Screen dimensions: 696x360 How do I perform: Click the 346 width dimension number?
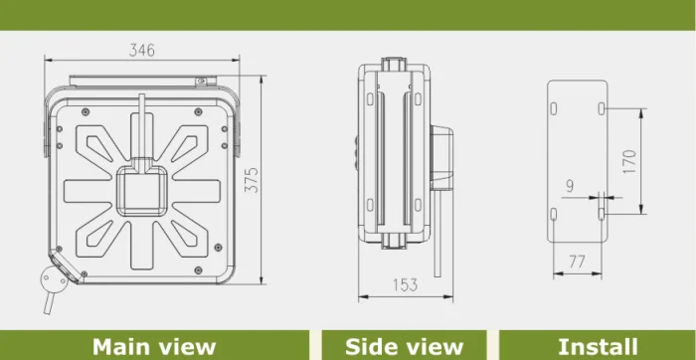142,50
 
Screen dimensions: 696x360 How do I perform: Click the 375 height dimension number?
252,180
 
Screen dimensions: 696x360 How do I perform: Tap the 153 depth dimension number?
406,285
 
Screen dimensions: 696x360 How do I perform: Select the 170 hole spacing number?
629,161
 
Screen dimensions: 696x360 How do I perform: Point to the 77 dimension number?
577,262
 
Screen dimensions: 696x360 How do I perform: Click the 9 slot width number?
570,186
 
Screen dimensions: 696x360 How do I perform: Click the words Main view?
154,347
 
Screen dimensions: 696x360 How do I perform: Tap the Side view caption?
405,347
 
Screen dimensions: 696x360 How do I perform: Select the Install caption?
598,347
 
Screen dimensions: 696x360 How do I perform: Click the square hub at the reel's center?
142,191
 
